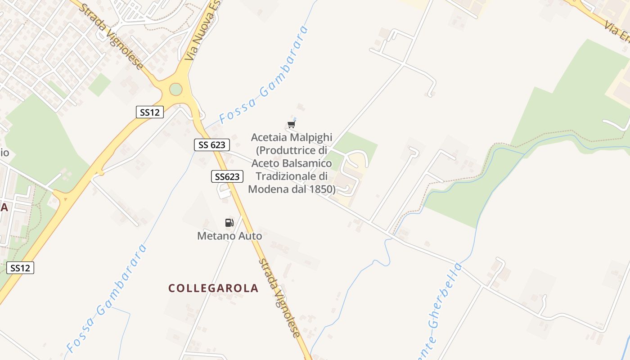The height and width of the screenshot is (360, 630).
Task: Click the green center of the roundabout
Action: (176, 90)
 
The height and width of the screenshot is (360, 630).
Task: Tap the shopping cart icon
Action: (292, 124)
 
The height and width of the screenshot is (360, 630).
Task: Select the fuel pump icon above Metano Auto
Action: (229, 222)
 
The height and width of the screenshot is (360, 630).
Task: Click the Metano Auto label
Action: (229, 235)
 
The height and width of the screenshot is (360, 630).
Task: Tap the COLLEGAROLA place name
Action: (213, 288)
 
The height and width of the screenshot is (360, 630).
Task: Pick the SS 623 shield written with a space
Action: (212, 144)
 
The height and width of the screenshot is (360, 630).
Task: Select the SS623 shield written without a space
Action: (227, 176)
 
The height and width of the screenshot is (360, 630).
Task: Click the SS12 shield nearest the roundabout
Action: (150, 112)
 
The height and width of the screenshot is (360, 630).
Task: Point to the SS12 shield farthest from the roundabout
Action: (20, 268)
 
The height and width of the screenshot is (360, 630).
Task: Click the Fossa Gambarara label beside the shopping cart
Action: (265, 74)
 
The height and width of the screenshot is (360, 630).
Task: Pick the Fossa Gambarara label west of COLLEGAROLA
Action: (106, 299)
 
